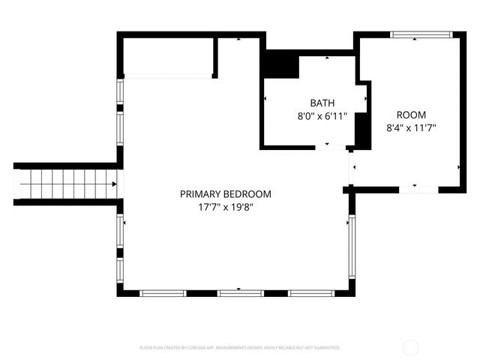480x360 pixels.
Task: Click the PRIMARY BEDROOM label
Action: [x=225, y=193]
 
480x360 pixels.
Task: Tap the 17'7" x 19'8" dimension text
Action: [x=225, y=207]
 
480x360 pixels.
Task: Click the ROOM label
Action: [x=411, y=115]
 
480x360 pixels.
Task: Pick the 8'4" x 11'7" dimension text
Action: [x=411, y=128]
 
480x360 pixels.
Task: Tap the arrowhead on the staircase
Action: [x=114, y=184]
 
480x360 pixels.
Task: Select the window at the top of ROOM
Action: [x=421, y=34]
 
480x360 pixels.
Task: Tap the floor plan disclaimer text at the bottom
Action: [x=240, y=348]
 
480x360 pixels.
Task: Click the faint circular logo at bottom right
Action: [x=411, y=347]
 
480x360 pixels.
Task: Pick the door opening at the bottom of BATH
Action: [x=331, y=146]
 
